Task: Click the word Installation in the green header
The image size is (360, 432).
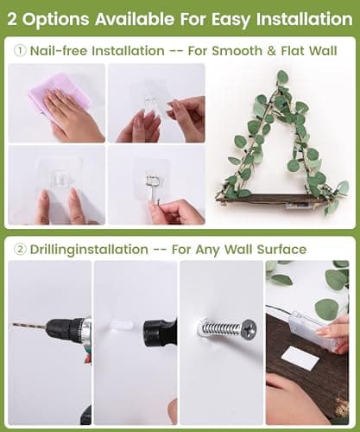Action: [304, 19]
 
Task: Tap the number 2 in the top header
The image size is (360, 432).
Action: [12, 20]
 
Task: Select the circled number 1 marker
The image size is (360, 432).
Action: [20, 51]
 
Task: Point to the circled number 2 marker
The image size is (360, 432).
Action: [20, 250]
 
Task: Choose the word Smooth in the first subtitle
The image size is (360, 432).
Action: [237, 51]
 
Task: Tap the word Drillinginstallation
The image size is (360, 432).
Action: [89, 250]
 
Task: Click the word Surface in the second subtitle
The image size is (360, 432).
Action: [281, 250]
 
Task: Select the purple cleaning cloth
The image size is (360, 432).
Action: [58, 95]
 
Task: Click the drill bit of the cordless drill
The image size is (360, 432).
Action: [28, 327]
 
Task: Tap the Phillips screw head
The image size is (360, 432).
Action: [249, 328]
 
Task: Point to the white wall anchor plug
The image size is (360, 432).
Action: [122, 326]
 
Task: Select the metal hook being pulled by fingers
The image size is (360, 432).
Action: [153, 187]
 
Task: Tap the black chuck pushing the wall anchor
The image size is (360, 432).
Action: [160, 332]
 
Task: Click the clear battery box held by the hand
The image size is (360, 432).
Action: [313, 331]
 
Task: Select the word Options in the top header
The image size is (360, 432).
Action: [56, 20]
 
